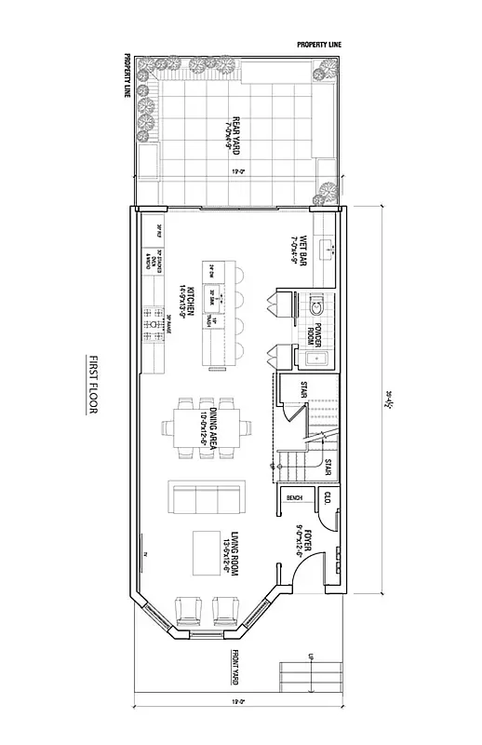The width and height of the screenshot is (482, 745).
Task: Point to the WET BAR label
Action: (x=297, y=251)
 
